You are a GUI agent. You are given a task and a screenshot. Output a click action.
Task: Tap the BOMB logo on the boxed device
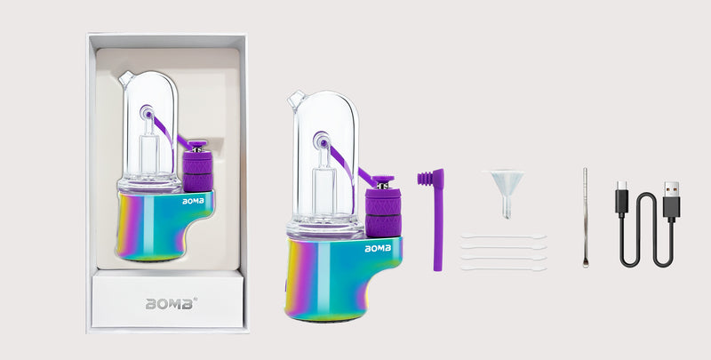click(x=193, y=201)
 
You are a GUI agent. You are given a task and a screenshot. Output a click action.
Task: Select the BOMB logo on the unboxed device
click(x=378, y=249)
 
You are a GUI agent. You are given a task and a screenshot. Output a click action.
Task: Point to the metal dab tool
click(x=585, y=218)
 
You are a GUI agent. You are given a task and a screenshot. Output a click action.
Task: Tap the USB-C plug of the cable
click(x=621, y=198)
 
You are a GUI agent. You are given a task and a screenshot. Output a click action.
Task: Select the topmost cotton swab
click(x=503, y=236)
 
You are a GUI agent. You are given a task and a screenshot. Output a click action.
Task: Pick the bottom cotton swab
click(x=503, y=268)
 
